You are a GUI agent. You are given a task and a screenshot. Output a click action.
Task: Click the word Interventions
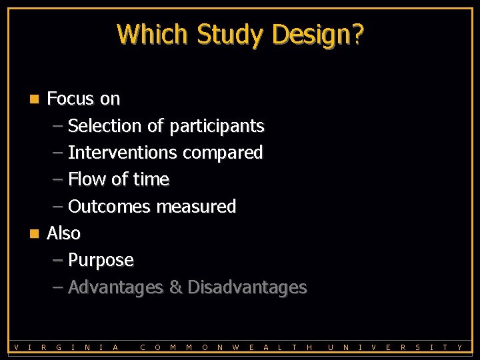[x=122, y=153]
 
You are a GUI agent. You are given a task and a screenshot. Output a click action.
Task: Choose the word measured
[x=196, y=207]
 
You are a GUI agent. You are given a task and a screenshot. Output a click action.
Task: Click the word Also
[x=63, y=233]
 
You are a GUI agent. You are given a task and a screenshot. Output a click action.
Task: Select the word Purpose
[x=101, y=261]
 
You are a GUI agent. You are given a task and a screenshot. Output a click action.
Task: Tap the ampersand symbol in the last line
[x=175, y=287]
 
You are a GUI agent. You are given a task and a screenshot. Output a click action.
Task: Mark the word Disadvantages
[x=247, y=287]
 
